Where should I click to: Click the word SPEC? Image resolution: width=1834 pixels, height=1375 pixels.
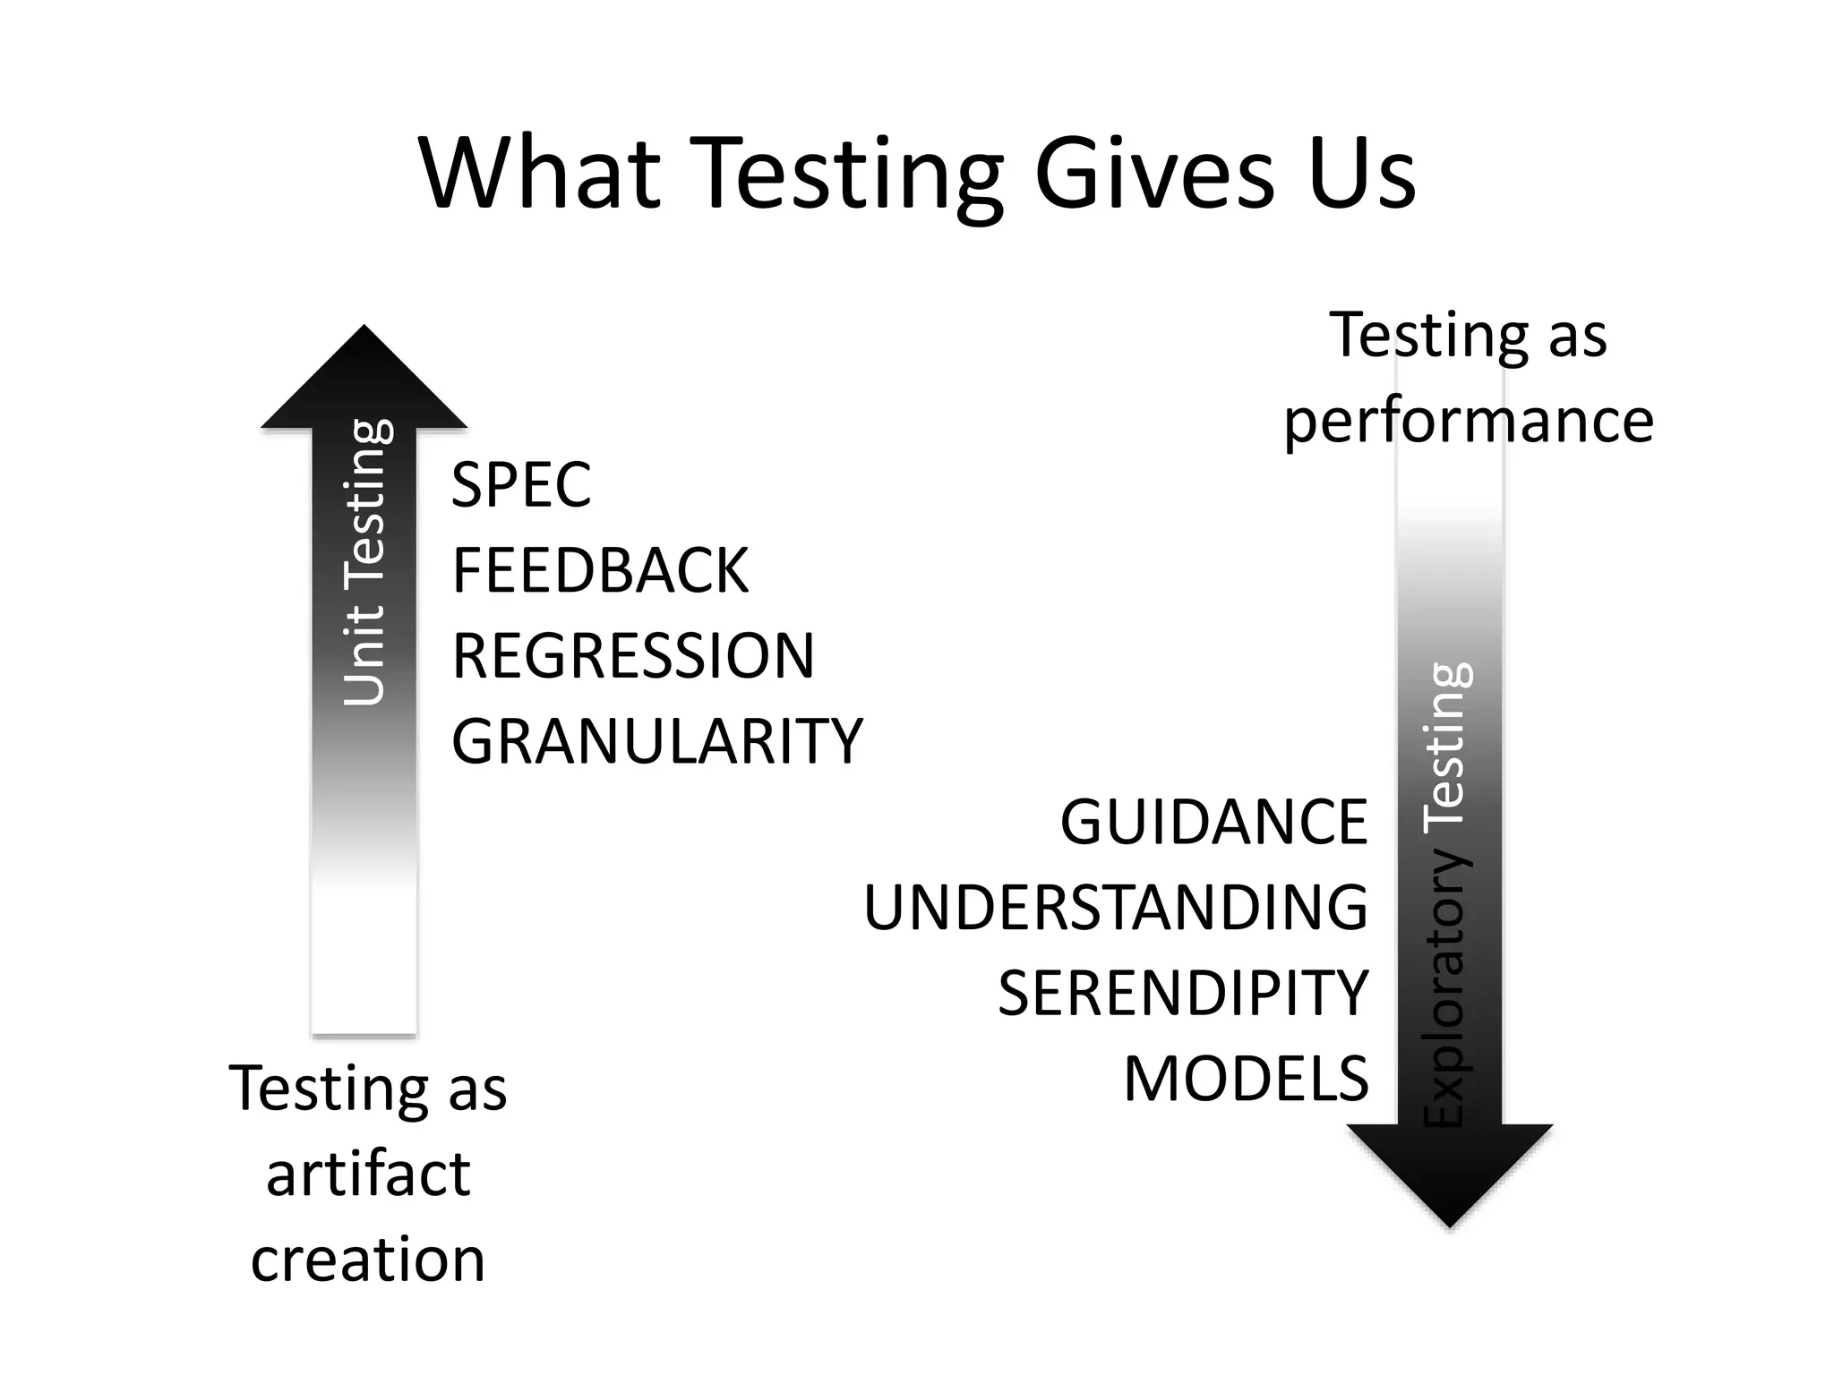pyautogui.click(x=521, y=485)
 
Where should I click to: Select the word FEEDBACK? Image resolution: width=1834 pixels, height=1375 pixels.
pyautogui.click(x=600, y=570)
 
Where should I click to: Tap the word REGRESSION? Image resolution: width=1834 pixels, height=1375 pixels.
pyautogui.click(x=633, y=655)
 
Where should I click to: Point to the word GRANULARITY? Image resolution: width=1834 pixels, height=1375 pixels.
pyautogui.click(x=656, y=741)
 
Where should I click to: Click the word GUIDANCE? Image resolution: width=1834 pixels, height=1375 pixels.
pyautogui.click(x=1213, y=822)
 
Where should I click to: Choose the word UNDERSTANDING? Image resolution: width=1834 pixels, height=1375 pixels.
pyautogui.click(x=1116, y=908)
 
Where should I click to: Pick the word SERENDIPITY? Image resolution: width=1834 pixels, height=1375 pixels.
pyautogui.click(x=1183, y=993)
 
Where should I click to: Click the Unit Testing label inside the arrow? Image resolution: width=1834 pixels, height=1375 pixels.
pyautogui.click(x=365, y=562)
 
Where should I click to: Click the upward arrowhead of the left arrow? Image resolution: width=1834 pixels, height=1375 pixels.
pyautogui.click(x=364, y=380)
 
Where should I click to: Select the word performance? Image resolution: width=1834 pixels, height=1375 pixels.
pyautogui.click(x=1469, y=421)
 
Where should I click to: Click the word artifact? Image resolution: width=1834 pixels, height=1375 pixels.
pyautogui.click(x=368, y=1174)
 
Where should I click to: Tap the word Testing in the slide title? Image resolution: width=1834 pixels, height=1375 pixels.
pyautogui.click(x=847, y=175)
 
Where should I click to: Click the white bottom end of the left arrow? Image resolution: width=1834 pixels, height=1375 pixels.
pyautogui.click(x=364, y=985)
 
